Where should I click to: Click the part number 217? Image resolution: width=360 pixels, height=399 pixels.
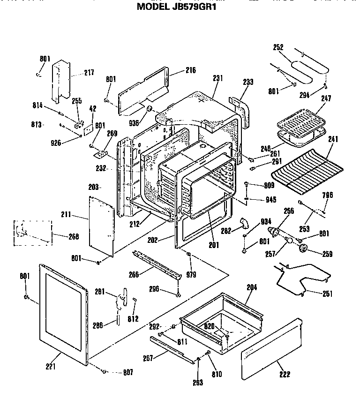[x=89, y=73]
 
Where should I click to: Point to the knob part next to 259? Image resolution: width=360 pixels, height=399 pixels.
[x=303, y=248]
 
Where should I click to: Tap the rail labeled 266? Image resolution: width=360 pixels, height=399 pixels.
[x=157, y=265]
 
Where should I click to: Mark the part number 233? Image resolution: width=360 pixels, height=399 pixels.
[x=248, y=82]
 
